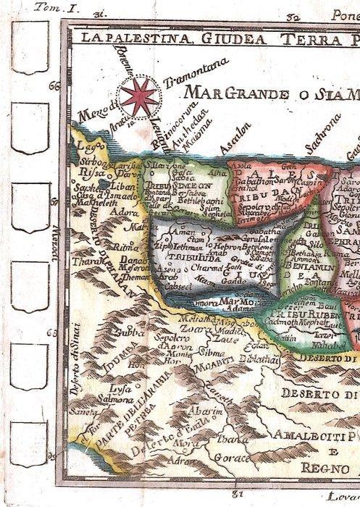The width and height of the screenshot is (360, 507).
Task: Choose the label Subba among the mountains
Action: [112, 335]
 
